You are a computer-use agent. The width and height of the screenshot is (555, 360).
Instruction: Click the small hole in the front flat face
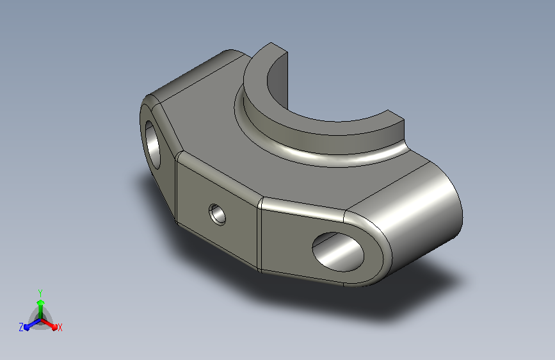[x=218, y=215]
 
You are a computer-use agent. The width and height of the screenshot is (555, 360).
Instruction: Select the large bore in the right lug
[x=338, y=252]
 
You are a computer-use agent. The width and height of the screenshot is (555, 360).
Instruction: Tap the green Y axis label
[x=40, y=293]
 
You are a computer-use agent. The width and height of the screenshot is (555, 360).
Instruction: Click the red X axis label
[x=60, y=327]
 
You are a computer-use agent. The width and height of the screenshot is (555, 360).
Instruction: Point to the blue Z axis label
[x=21, y=327]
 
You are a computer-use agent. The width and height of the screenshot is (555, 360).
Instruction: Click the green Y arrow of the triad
[x=40, y=309]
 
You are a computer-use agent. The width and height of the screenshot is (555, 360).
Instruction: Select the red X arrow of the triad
[x=49, y=324]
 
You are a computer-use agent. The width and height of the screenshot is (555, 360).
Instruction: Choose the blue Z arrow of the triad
[x=33, y=324]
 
